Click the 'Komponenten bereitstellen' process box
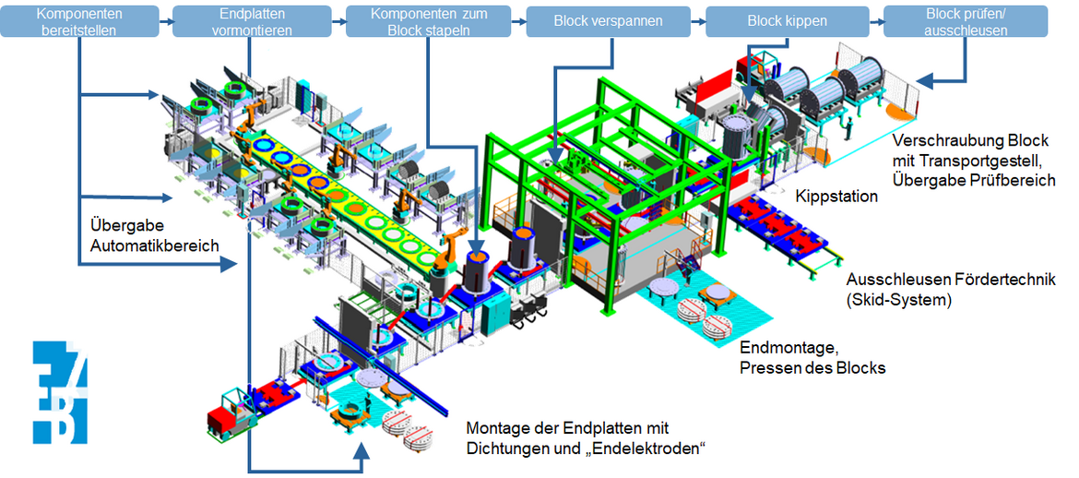[x=80, y=21]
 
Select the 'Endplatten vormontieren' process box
[x=252, y=21]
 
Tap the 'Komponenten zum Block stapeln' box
[x=428, y=21]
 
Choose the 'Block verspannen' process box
[x=609, y=21]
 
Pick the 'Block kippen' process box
[x=788, y=21]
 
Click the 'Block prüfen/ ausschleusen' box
[x=966, y=21]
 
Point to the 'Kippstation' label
[x=836, y=197]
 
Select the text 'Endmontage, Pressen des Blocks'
[x=812, y=356]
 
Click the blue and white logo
[x=60, y=391]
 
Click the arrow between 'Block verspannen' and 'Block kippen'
[x=698, y=21]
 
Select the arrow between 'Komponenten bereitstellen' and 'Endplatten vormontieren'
[x=166, y=21]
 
